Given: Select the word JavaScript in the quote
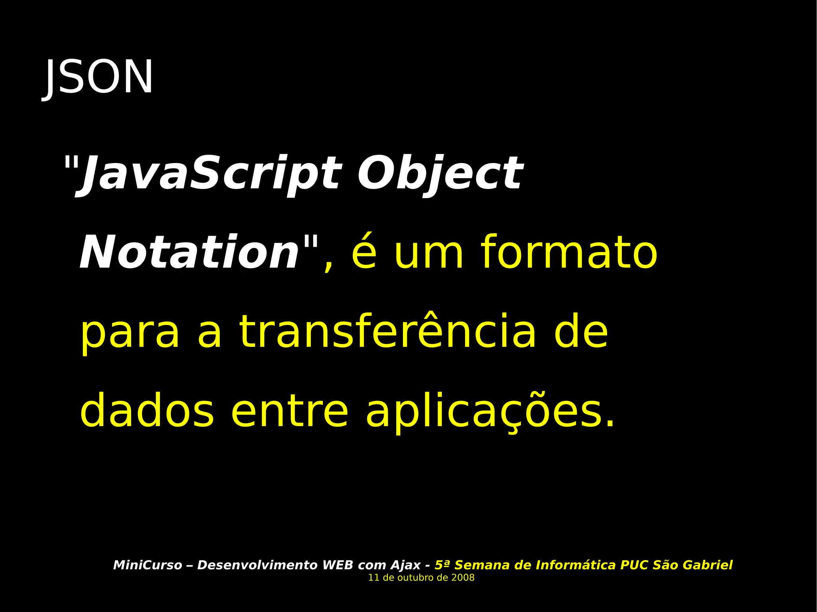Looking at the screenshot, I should click(x=211, y=173).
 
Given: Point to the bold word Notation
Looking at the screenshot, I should click(x=189, y=253).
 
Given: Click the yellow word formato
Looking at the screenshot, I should click(x=569, y=253).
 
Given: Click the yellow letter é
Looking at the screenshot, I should click(x=364, y=253).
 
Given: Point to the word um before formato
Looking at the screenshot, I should click(x=429, y=253).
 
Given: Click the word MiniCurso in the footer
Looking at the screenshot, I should click(x=148, y=565).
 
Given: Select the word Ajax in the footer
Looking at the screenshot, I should click(x=405, y=565).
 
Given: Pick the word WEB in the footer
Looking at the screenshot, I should click(x=337, y=565).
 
